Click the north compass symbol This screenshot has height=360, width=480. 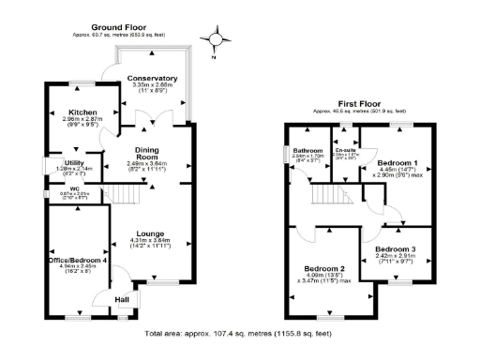219,40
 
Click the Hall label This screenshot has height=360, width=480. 121,301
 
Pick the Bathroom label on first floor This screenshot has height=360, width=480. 307,150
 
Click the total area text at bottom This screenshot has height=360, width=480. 238,334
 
